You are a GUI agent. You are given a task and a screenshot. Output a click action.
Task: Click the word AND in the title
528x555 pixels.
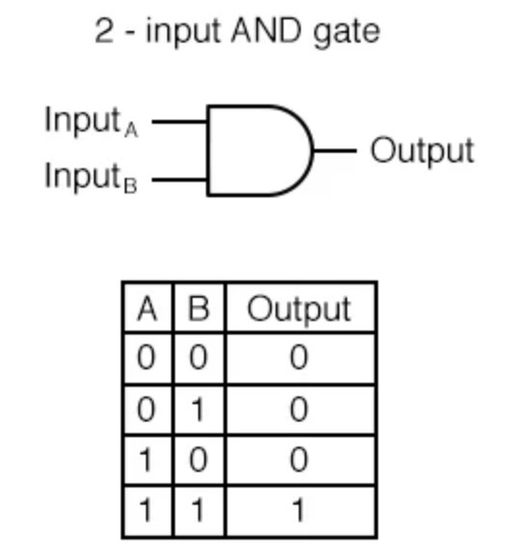(267, 31)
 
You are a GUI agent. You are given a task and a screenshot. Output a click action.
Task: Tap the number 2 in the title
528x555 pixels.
(104, 31)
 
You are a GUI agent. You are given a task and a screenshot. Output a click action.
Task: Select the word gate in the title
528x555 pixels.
(346, 33)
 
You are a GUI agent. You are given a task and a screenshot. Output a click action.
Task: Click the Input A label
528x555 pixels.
(91, 121)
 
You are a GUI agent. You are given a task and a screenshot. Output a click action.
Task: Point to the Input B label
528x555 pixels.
(91, 177)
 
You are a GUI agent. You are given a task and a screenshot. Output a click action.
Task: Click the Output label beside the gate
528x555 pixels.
(423, 152)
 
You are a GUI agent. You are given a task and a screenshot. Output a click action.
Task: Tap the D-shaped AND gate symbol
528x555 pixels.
(260, 151)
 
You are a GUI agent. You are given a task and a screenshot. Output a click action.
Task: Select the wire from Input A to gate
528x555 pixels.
(180, 122)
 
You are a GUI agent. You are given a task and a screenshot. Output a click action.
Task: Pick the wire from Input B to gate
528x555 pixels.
(180, 180)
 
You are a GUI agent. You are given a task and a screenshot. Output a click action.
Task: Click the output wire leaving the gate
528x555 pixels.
(335, 151)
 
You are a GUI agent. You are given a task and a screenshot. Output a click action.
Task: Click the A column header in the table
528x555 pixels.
(147, 308)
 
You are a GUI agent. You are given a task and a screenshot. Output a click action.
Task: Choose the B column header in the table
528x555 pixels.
(199, 308)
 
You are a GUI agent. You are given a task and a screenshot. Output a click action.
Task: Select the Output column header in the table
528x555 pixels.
(300, 309)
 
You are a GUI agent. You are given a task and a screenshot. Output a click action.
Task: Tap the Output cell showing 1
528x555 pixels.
(300, 511)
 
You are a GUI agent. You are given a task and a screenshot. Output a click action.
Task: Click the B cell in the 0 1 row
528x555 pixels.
(198, 410)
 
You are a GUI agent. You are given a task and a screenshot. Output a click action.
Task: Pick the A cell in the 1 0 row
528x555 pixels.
(147, 460)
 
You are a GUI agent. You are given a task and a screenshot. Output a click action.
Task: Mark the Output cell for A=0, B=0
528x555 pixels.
(299, 358)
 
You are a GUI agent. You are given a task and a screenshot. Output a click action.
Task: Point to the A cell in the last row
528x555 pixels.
(147, 511)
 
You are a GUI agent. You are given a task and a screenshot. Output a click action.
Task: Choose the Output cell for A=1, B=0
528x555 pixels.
(299, 460)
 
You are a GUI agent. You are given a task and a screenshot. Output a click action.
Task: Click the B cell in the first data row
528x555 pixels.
(198, 358)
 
